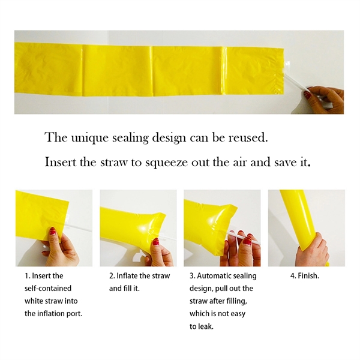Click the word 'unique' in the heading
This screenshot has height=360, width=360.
89,138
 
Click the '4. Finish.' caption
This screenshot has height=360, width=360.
305,275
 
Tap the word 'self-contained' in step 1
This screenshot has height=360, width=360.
48,288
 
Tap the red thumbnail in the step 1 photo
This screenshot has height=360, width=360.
53,231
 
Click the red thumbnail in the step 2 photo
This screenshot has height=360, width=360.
156,242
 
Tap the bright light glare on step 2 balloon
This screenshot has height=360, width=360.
143,229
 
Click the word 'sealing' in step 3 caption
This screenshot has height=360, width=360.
244,276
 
